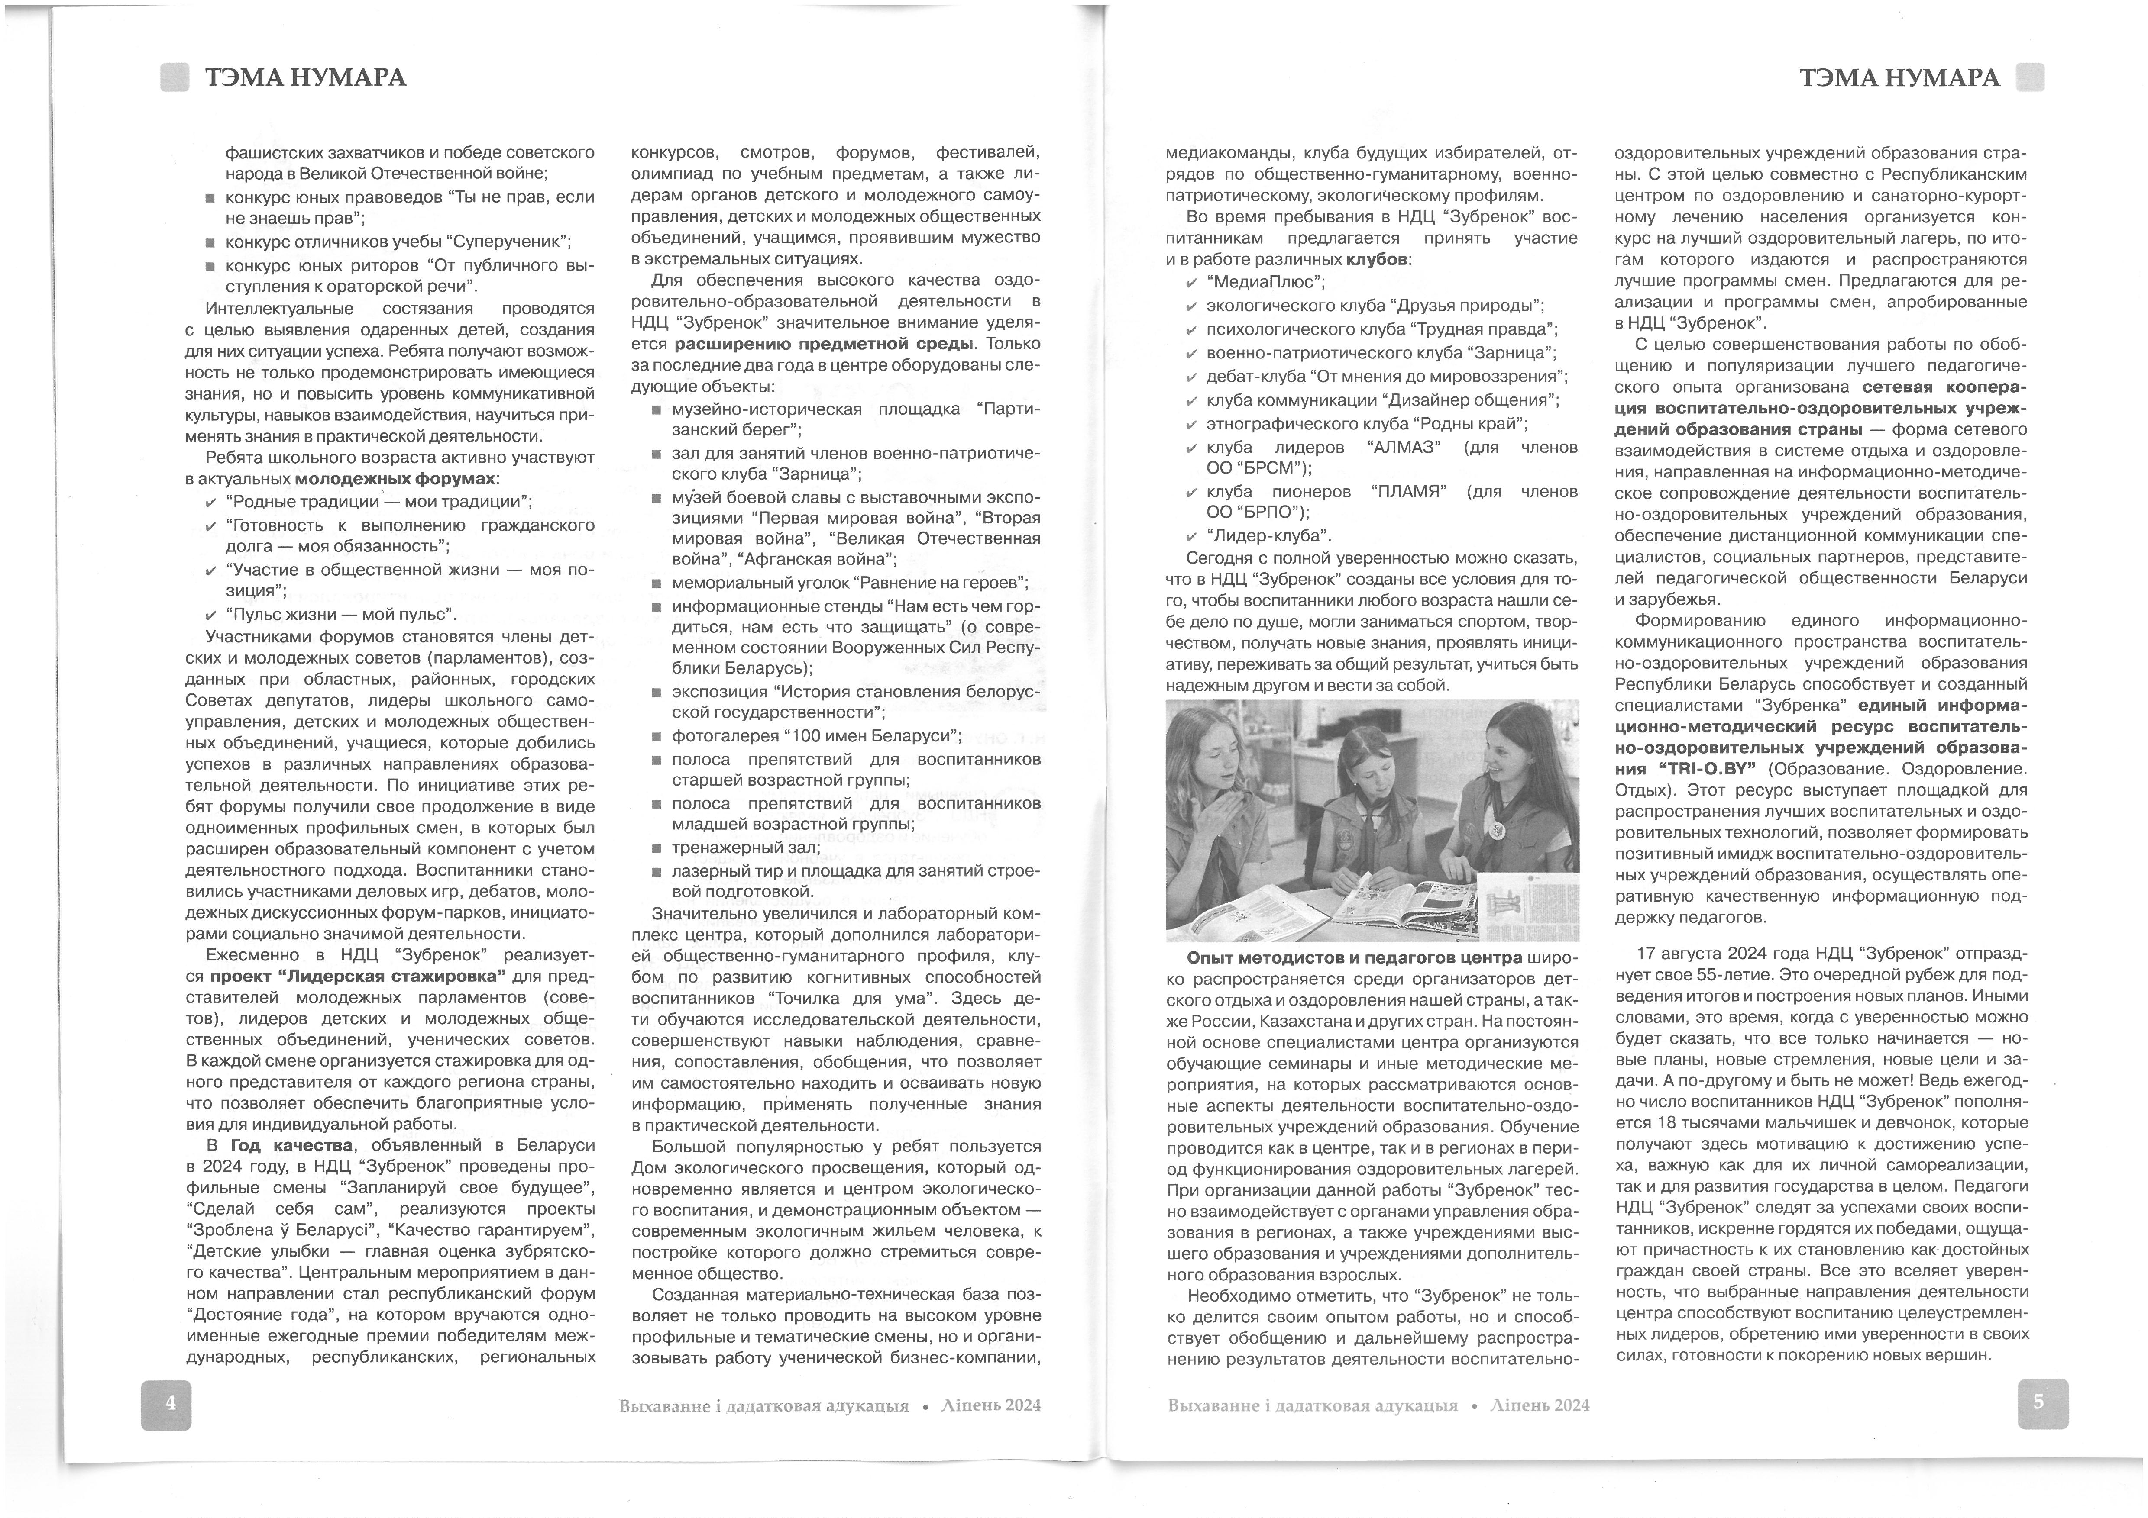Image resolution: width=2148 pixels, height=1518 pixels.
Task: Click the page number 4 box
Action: (167, 1405)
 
